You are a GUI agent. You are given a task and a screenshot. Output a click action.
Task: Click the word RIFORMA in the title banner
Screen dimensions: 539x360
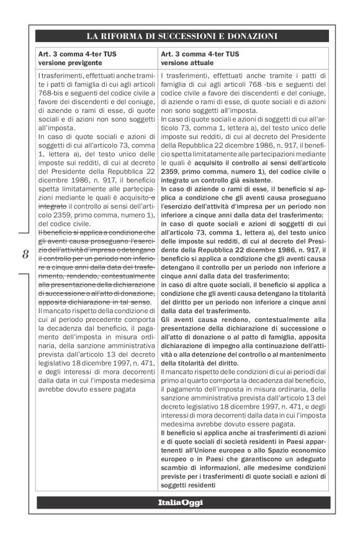coord(127,36)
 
